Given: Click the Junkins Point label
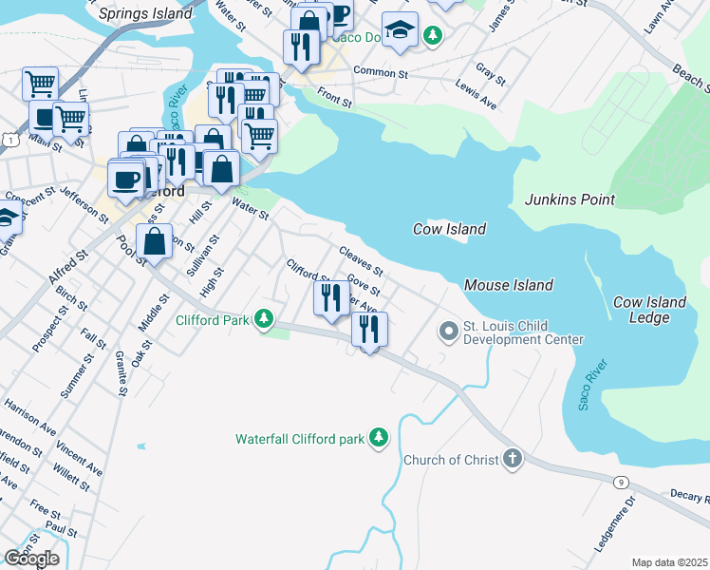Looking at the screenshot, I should click(x=570, y=199).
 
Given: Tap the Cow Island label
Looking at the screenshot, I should click(x=449, y=229).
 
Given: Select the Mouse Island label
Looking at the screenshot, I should click(x=508, y=285).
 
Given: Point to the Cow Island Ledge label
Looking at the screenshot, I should click(x=649, y=310).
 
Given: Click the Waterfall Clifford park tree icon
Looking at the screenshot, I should click(x=379, y=438).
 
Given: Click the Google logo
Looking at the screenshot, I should click(x=31, y=559).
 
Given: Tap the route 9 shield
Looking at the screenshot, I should click(x=620, y=483).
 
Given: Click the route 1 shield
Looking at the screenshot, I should click(x=9, y=140).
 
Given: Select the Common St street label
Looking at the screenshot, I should click(x=380, y=72).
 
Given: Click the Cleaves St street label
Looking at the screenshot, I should click(x=360, y=259).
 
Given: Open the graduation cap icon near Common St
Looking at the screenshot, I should click(x=401, y=29).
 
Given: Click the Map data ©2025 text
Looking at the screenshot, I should click(x=669, y=562).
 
